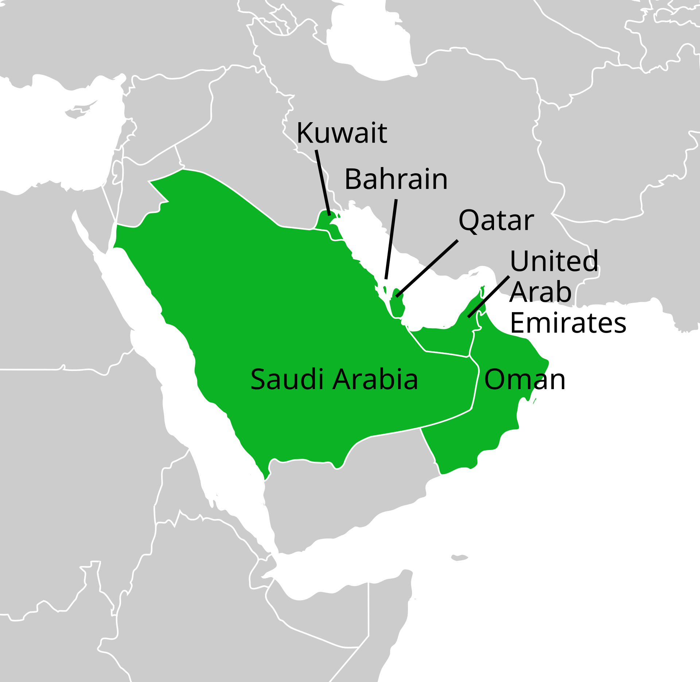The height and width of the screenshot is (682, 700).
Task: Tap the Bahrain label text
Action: (396, 179)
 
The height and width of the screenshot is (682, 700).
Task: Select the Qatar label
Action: (496, 221)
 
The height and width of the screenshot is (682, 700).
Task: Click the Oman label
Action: (525, 380)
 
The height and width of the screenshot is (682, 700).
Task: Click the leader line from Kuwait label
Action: (323, 182)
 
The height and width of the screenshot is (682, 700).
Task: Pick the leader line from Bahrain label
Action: (391, 239)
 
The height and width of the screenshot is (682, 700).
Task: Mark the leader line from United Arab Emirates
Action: (489, 297)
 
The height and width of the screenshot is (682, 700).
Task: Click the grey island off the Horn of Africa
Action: (459, 557)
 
